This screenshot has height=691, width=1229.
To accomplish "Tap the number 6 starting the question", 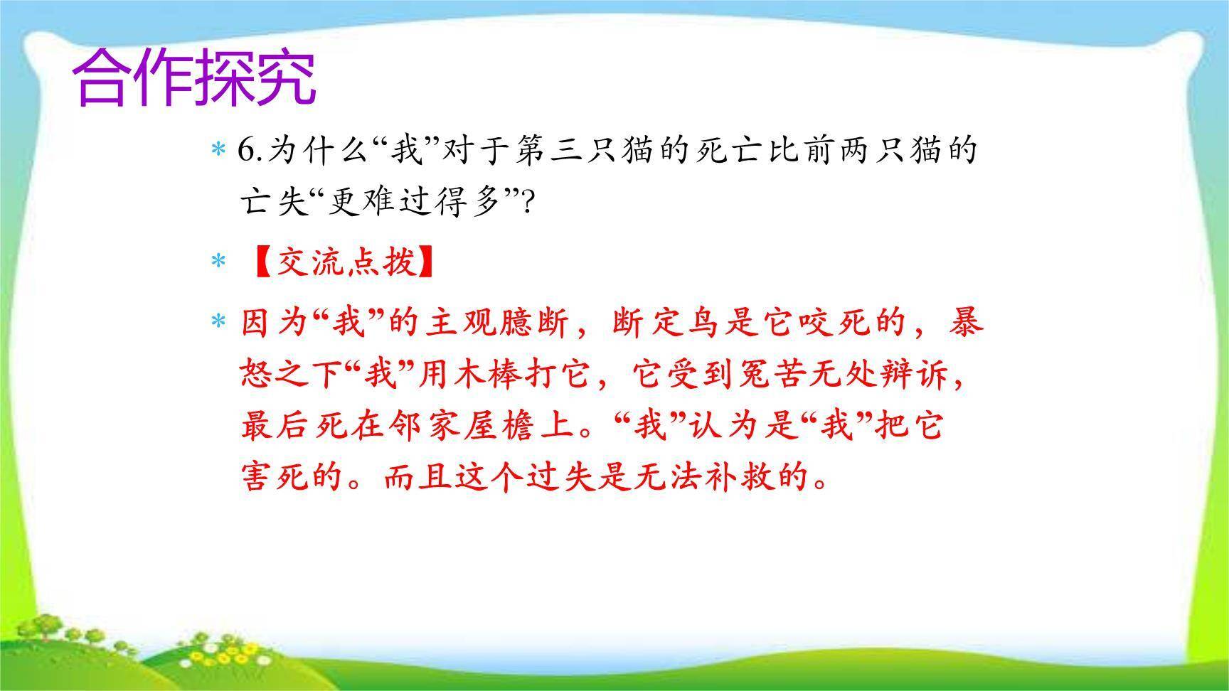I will click(x=246, y=151).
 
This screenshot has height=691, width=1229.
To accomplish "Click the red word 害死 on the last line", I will click(x=276, y=477).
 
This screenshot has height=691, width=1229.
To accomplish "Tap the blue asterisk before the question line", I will click(x=218, y=151).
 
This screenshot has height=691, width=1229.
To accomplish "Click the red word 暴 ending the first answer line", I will click(x=967, y=323).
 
